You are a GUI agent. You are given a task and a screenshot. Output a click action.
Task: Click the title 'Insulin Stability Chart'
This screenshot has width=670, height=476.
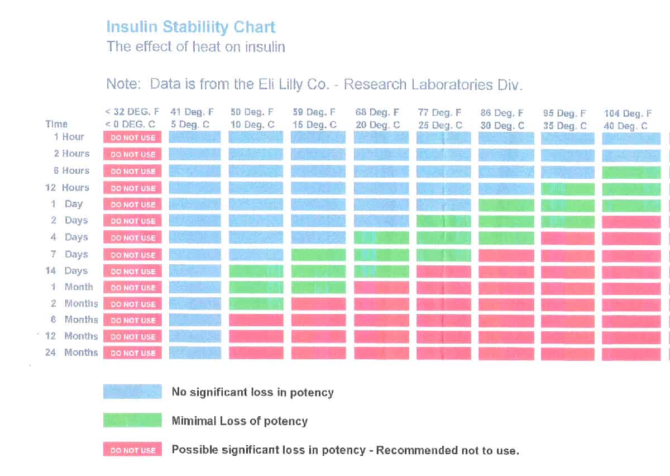click(190, 27)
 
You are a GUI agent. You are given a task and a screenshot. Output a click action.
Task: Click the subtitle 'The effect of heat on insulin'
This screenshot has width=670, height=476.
click(195, 46)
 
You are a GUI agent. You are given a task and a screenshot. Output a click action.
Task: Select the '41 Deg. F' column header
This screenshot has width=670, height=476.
click(192, 113)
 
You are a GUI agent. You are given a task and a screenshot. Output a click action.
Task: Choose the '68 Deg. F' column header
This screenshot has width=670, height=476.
click(377, 113)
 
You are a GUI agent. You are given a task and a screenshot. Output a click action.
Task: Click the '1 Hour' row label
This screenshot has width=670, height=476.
click(69, 137)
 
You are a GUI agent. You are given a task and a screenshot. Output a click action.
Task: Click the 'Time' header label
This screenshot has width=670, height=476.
click(56, 124)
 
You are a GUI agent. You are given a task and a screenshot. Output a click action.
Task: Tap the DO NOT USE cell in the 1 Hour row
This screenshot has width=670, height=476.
click(132, 137)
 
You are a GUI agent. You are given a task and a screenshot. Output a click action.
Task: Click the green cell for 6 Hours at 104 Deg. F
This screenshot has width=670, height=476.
click(631, 172)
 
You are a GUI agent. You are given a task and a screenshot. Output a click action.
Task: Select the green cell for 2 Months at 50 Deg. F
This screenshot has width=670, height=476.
click(256, 304)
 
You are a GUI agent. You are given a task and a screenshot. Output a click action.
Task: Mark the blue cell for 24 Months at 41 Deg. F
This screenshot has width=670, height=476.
click(195, 353)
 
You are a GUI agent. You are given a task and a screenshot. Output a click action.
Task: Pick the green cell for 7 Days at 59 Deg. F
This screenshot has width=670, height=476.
click(318, 255)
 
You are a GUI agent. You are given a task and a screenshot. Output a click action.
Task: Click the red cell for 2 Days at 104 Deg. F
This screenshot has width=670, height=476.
click(631, 222)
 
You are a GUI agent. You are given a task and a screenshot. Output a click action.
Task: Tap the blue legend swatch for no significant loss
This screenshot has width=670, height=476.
click(132, 392)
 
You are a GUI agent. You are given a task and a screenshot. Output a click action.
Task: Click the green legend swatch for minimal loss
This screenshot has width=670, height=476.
click(132, 421)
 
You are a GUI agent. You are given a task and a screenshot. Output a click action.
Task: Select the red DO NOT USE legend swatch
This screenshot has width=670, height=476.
click(132, 450)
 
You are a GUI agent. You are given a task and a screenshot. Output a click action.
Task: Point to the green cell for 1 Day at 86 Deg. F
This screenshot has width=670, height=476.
click(506, 205)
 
